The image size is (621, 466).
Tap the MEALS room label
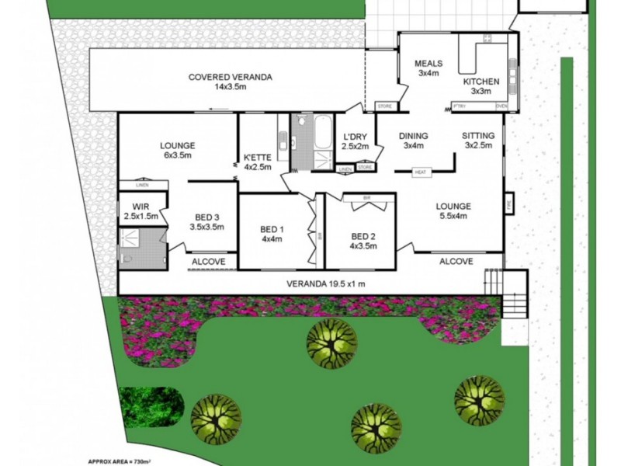[428, 63]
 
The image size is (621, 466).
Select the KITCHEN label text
[481, 82]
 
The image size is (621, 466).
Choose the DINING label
[413, 136]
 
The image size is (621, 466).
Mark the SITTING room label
[479, 135]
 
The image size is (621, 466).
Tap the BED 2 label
[364, 236]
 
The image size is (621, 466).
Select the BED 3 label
[206, 216]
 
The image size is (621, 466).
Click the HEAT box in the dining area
[422, 172]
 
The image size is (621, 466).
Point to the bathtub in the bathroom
[322, 132]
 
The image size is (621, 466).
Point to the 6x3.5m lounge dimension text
[177, 155]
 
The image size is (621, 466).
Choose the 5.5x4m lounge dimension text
[453, 217]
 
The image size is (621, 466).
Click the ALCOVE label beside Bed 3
[208, 263]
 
